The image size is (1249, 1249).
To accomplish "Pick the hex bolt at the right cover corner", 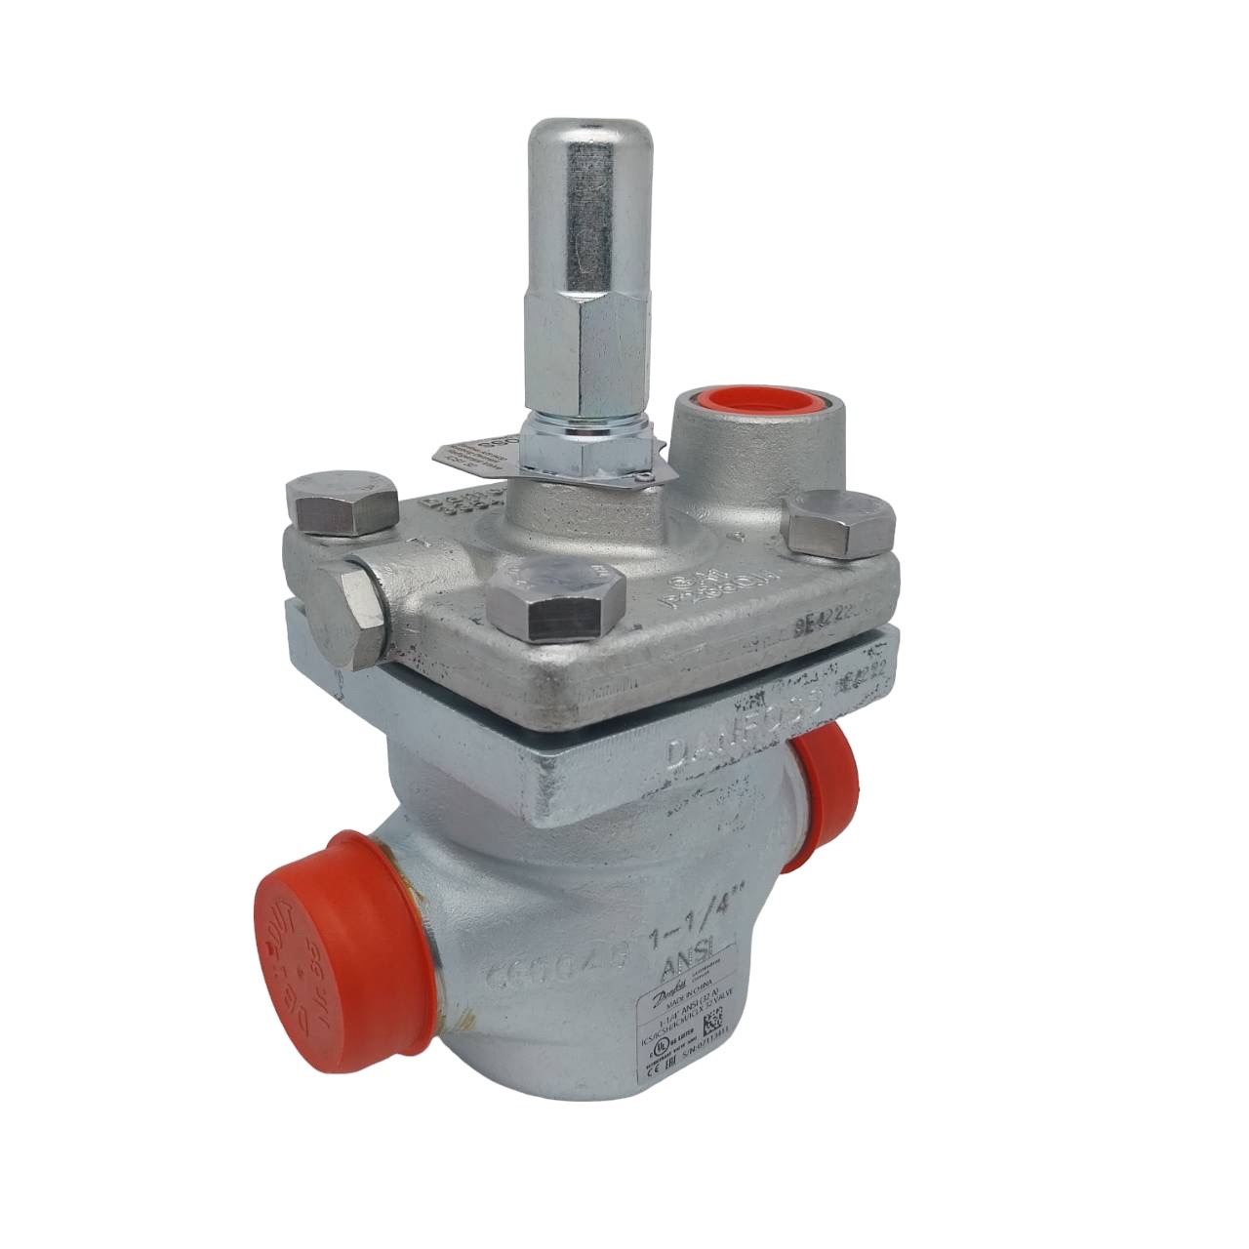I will (840, 528).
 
